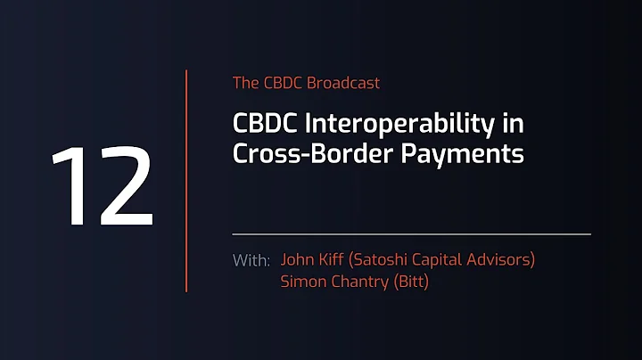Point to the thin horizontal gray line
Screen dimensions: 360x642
click(x=411, y=233)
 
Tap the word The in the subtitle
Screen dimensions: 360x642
click(x=245, y=83)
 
